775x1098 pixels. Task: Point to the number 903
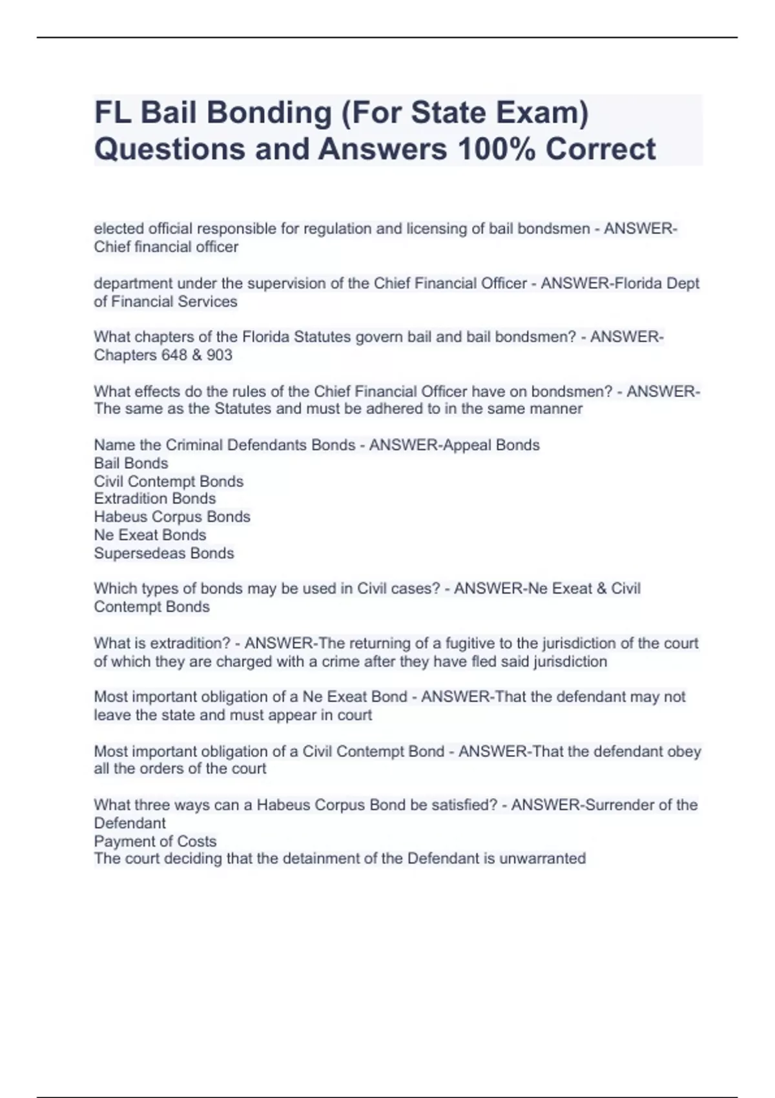pyautogui.click(x=220, y=355)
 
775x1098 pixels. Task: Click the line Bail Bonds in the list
pyautogui.click(x=131, y=463)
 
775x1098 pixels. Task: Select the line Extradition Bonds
pyautogui.click(x=155, y=499)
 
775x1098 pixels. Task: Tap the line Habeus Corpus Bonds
pyautogui.click(x=172, y=517)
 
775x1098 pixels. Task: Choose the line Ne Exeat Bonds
pyautogui.click(x=150, y=535)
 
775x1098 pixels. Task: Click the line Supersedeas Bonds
pyautogui.click(x=164, y=553)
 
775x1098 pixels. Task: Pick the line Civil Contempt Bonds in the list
pyautogui.click(x=169, y=481)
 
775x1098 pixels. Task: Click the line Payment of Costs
pyautogui.click(x=155, y=841)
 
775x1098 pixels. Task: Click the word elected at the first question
pyautogui.click(x=119, y=229)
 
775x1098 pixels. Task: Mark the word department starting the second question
pyautogui.click(x=132, y=284)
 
